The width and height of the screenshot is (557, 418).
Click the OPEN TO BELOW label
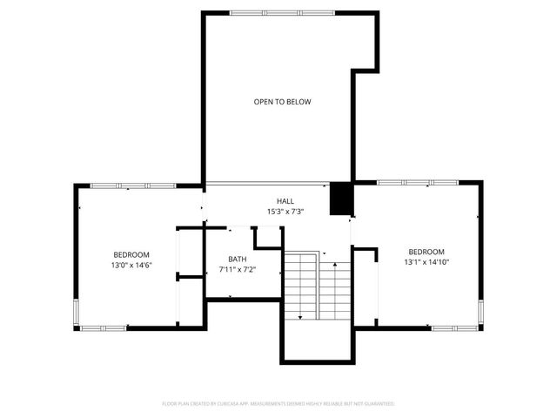(282, 102)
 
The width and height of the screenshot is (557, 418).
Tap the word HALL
(285, 201)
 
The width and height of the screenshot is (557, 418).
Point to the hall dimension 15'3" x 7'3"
(285, 212)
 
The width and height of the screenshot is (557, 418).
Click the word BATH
(237, 260)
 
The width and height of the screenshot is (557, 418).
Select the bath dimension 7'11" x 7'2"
(237, 270)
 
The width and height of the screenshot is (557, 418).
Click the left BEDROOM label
(131, 254)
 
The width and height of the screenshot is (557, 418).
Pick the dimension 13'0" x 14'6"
(131, 265)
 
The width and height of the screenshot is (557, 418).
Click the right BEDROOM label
(426, 252)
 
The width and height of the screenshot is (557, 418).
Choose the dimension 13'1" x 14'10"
(426, 261)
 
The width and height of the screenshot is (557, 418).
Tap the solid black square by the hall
(340, 199)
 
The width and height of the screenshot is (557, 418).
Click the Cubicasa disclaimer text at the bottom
(278, 404)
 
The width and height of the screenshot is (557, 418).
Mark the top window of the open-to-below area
(282, 12)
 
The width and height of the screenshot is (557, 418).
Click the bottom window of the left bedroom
(103, 327)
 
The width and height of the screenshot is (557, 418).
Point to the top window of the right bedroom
(417, 182)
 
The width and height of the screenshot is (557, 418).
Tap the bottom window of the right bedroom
(456, 327)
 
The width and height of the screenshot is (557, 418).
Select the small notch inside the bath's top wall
(266, 238)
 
